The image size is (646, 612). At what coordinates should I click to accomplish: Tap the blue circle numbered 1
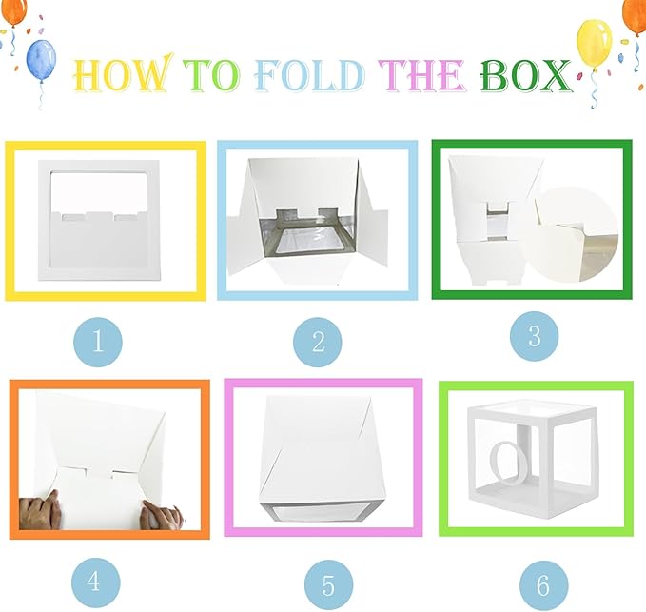coord(98,342)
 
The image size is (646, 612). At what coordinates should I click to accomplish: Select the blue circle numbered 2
coord(318,342)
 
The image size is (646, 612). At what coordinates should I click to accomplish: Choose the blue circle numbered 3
coord(535,336)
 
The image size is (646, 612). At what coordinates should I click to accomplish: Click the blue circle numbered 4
coord(95,582)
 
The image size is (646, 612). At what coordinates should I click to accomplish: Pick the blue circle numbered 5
coord(329,584)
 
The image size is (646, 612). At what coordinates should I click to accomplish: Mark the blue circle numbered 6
coord(544,584)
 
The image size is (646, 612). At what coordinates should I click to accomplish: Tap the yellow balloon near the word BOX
coord(595,43)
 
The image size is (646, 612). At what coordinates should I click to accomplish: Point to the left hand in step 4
coord(40,510)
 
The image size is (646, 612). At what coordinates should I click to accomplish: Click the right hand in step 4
coord(161,515)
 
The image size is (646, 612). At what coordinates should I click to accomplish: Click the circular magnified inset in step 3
coord(571,234)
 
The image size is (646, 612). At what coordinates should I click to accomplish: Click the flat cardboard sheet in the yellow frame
coord(99,221)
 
